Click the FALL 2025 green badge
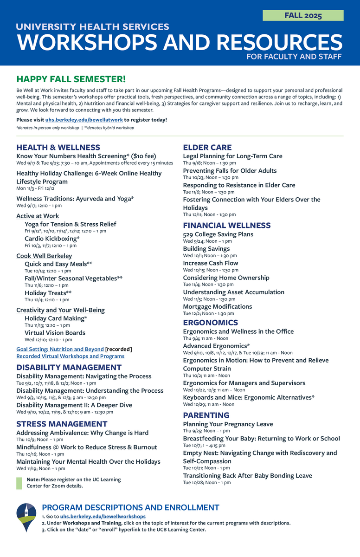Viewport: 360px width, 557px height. (x=303, y=15)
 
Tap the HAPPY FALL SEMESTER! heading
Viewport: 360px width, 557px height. (x=71, y=79)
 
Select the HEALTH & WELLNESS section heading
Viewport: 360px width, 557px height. (x=58, y=148)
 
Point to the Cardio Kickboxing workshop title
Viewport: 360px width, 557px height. (x=52, y=239)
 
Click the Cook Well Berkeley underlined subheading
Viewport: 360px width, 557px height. (x=44, y=256)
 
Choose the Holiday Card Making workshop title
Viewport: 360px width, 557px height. (x=56, y=318)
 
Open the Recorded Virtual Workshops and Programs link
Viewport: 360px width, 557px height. (x=70, y=356)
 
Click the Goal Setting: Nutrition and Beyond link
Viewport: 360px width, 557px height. (x=60, y=349)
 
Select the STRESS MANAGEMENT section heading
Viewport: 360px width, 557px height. (x=62, y=424)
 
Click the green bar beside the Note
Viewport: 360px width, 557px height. (x=19, y=483)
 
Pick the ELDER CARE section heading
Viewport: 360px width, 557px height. (x=207, y=148)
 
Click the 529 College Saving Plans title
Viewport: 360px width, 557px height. (x=218, y=234)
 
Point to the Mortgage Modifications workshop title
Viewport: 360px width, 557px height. (x=217, y=307)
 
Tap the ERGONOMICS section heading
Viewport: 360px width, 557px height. (x=210, y=323)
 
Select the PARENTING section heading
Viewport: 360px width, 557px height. (x=206, y=415)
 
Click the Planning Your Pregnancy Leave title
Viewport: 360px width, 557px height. (x=228, y=424)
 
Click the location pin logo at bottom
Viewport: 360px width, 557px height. (x=26, y=517)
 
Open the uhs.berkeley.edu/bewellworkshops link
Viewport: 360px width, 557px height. (x=103, y=516)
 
